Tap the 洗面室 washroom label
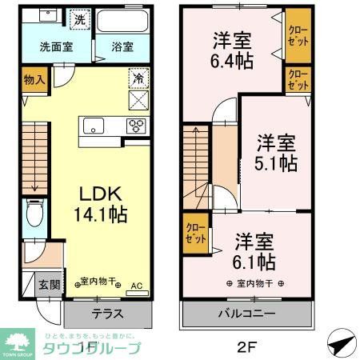point(55,46)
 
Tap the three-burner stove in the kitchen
point(136,126)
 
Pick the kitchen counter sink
point(93,126)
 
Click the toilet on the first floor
point(34,214)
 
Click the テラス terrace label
point(106,314)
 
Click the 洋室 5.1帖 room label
point(277,153)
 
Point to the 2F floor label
point(248,347)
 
